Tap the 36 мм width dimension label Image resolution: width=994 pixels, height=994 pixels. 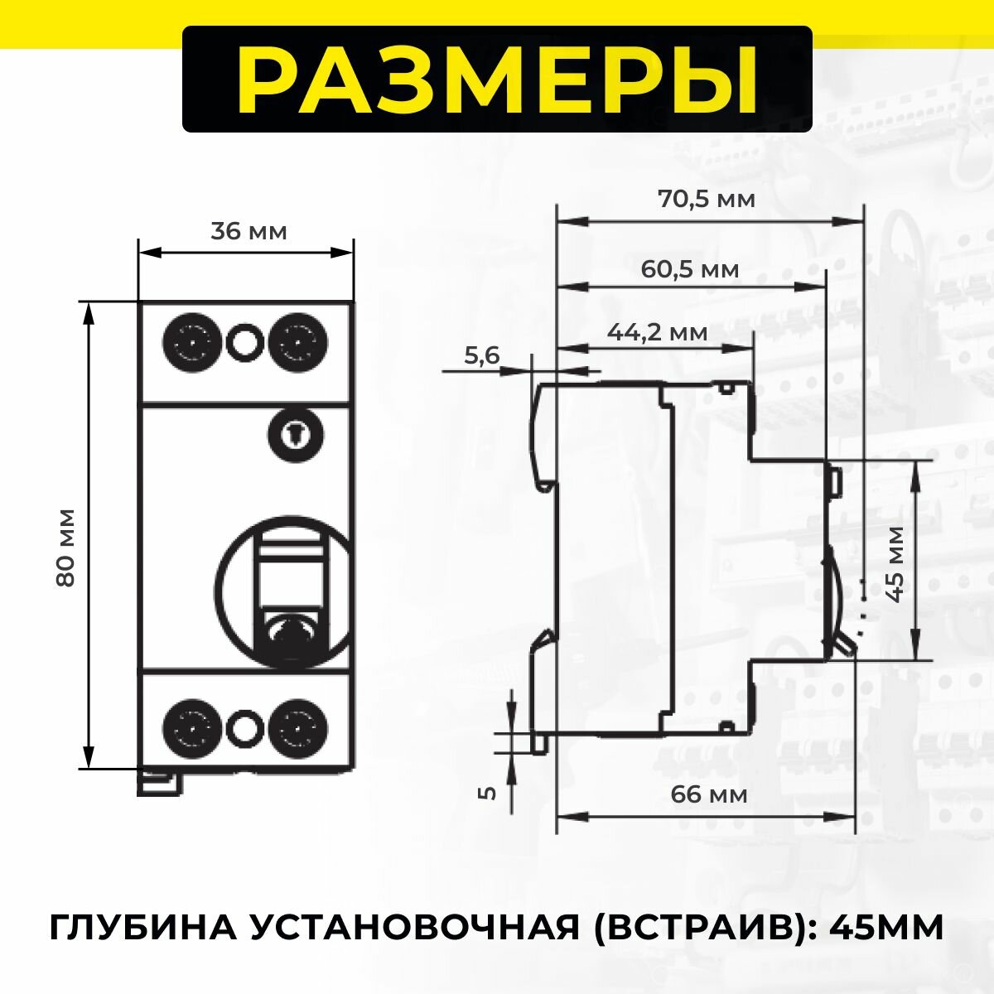coord(248,231)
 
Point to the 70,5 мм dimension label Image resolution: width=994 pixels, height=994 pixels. coord(707,200)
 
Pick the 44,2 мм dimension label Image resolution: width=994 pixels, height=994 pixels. coord(658,332)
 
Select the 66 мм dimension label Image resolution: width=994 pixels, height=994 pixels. coord(708,794)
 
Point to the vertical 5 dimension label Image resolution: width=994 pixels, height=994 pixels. coord(488,792)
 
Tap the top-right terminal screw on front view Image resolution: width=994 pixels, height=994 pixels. coord(297,340)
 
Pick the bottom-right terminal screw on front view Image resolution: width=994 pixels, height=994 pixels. coord(297,726)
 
